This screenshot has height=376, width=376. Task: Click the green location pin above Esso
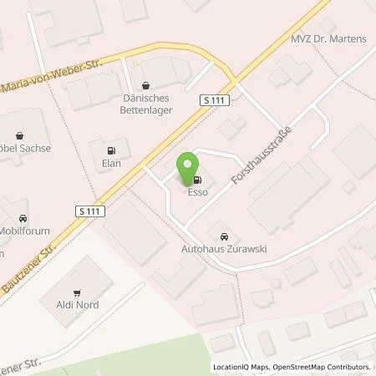click(188, 166)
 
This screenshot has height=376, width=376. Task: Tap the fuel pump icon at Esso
click(197, 178)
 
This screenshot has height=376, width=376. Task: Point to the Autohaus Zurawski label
click(223, 248)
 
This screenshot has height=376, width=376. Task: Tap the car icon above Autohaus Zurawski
click(223, 236)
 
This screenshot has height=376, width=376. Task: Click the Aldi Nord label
click(78, 305)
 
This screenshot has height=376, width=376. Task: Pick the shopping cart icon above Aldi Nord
click(78, 292)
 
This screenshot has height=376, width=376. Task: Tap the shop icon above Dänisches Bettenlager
click(146, 84)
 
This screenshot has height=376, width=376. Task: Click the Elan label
click(110, 164)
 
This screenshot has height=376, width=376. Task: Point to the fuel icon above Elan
click(110, 151)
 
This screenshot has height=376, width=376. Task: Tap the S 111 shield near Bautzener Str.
click(88, 211)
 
